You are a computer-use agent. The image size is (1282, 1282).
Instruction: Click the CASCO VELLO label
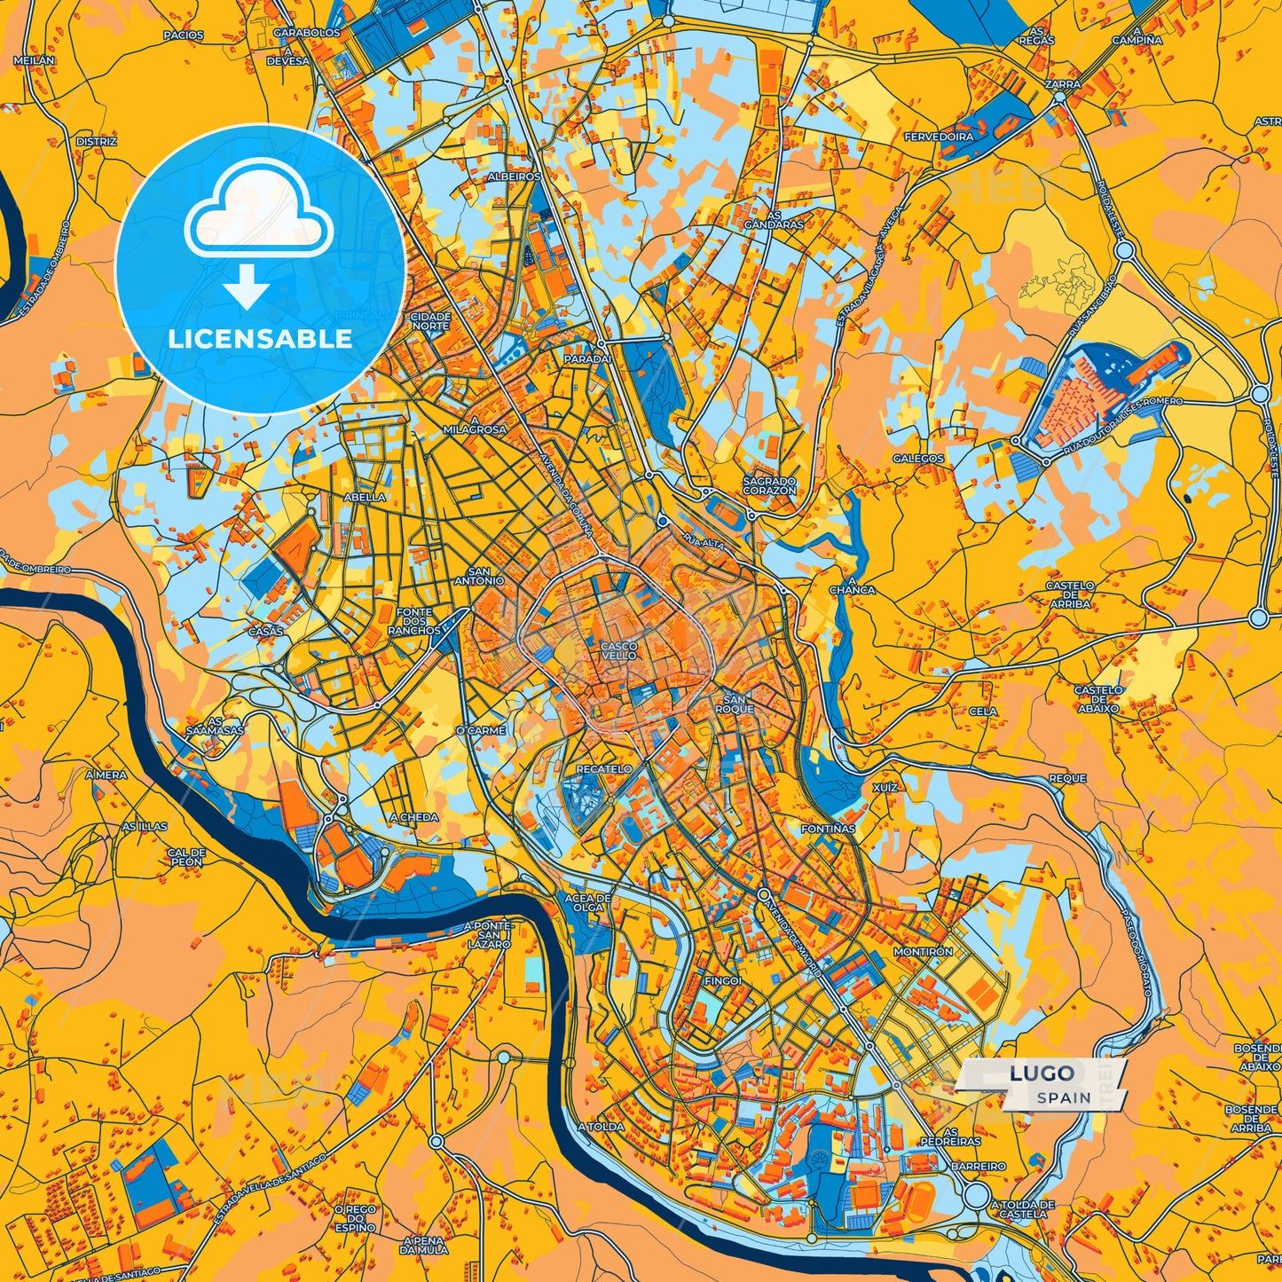pos(618,650)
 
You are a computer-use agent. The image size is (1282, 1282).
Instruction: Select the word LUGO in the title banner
pos(1042,1074)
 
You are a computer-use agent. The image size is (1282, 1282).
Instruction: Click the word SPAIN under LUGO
pos(1065,1097)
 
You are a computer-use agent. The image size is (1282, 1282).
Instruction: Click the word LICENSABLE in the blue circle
pos(260,339)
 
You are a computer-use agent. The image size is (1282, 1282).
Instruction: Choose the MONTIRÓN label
pos(924,951)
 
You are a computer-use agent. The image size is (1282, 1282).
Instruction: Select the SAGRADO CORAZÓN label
pos(769,485)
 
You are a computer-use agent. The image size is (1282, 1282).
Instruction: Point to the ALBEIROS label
pos(514,177)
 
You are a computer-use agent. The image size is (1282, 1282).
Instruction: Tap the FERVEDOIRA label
pos(939,138)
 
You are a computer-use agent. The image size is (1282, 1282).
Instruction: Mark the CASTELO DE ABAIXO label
pos(1098,699)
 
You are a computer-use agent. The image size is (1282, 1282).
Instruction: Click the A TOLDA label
pos(601,1127)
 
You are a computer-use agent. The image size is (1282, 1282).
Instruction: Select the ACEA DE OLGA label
pos(587,902)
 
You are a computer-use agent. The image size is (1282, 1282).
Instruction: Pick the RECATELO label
pos(604,768)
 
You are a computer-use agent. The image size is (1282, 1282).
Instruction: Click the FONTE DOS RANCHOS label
pos(414,621)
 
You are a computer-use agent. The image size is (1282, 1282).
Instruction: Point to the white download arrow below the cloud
pos(247,288)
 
